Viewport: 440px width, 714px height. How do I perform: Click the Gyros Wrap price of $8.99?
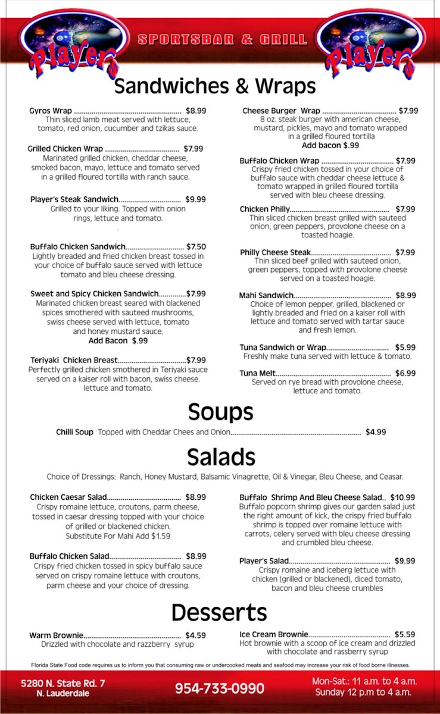pyautogui.click(x=196, y=111)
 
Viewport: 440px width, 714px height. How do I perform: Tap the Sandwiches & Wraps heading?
pyautogui.click(x=214, y=86)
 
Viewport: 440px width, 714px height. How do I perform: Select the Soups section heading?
pyautogui.click(x=220, y=412)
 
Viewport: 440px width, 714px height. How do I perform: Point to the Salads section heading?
pyautogui.click(x=220, y=457)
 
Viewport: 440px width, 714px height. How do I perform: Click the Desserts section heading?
pyautogui.click(x=219, y=612)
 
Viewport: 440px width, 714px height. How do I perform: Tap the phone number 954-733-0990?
pyautogui.click(x=220, y=688)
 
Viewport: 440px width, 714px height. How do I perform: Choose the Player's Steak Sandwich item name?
pyautogui.click(x=74, y=200)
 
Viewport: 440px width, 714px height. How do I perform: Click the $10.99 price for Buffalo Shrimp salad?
pyautogui.click(x=402, y=497)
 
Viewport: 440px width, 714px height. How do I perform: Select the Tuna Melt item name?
pyautogui.click(x=257, y=373)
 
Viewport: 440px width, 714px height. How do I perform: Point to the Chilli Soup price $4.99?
pyautogui.click(x=376, y=432)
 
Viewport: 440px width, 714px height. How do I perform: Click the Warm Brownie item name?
pyautogui.click(x=56, y=635)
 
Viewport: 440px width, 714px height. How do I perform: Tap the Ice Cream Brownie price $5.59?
pyautogui.click(x=404, y=634)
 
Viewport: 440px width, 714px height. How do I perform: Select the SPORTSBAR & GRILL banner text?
pyautogui.click(x=222, y=40)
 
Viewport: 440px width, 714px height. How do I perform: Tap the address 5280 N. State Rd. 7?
pyautogui.click(x=63, y=684)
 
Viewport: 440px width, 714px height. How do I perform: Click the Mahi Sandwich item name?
pyautogui.click(x=266, y=296)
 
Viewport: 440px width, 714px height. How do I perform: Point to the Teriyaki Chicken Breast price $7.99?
pyautogui.click(x=196, y=360)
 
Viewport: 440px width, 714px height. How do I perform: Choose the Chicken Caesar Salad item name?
pyautogui.click(x=68, y=497)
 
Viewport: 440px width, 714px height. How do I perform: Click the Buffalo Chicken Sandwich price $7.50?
pyautogui.click(x=196, y=246)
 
